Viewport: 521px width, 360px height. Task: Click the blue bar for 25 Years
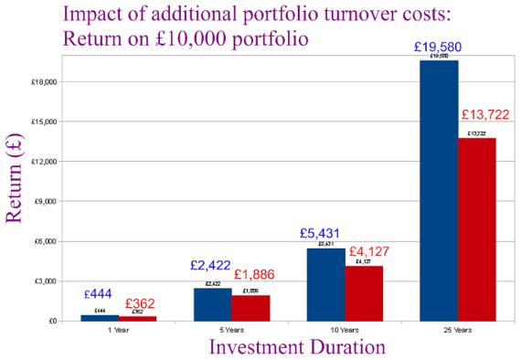tap(439, 191)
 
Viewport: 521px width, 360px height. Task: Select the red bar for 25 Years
tap(476, 229)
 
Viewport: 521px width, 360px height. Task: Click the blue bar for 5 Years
tap(212, 304)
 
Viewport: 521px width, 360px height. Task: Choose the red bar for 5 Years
tap(250, 308)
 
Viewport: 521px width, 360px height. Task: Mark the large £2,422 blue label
tap(213, 266)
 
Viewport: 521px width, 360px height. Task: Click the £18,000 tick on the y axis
tap(45, 81)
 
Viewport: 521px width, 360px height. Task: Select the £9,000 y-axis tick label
tap(47, 201)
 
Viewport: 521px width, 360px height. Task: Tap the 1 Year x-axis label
tap(118, 329)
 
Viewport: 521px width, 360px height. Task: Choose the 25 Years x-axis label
tap(458, 329)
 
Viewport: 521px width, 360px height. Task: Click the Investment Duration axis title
tap(291, 347)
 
